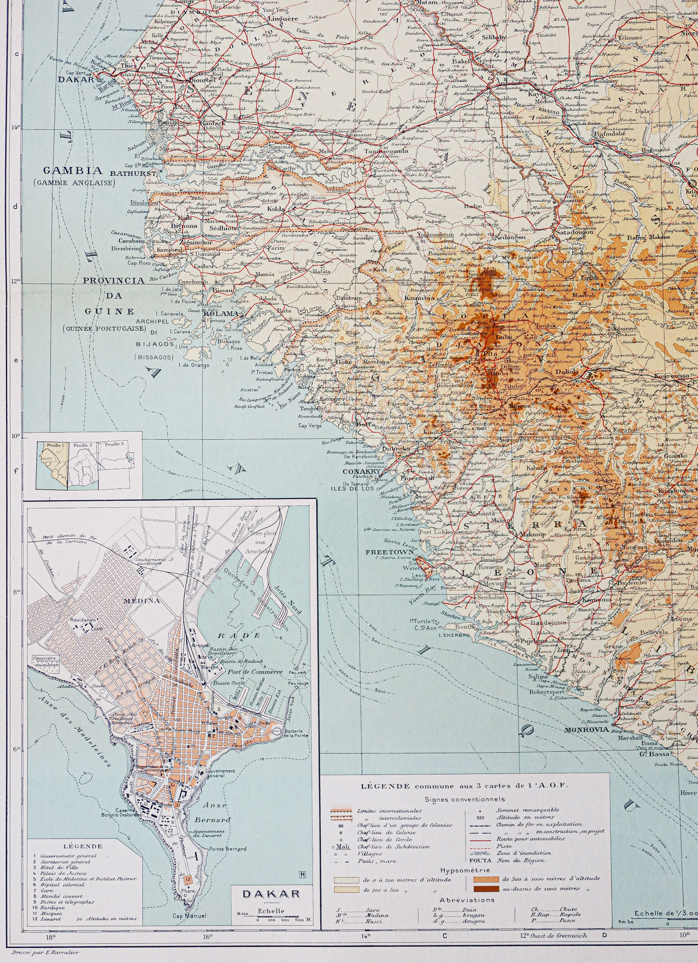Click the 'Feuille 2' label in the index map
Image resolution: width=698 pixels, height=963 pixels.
click(86, 444)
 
